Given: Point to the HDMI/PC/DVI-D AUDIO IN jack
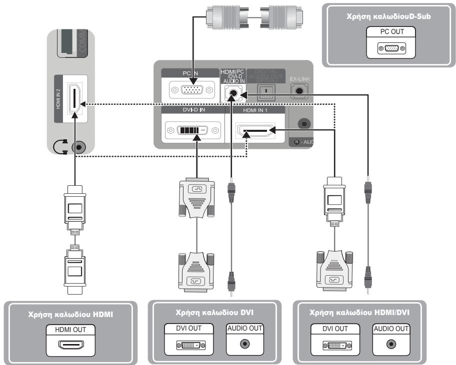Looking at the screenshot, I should click(x=231, y=92).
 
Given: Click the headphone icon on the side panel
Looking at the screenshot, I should click(x=60, y=147).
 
